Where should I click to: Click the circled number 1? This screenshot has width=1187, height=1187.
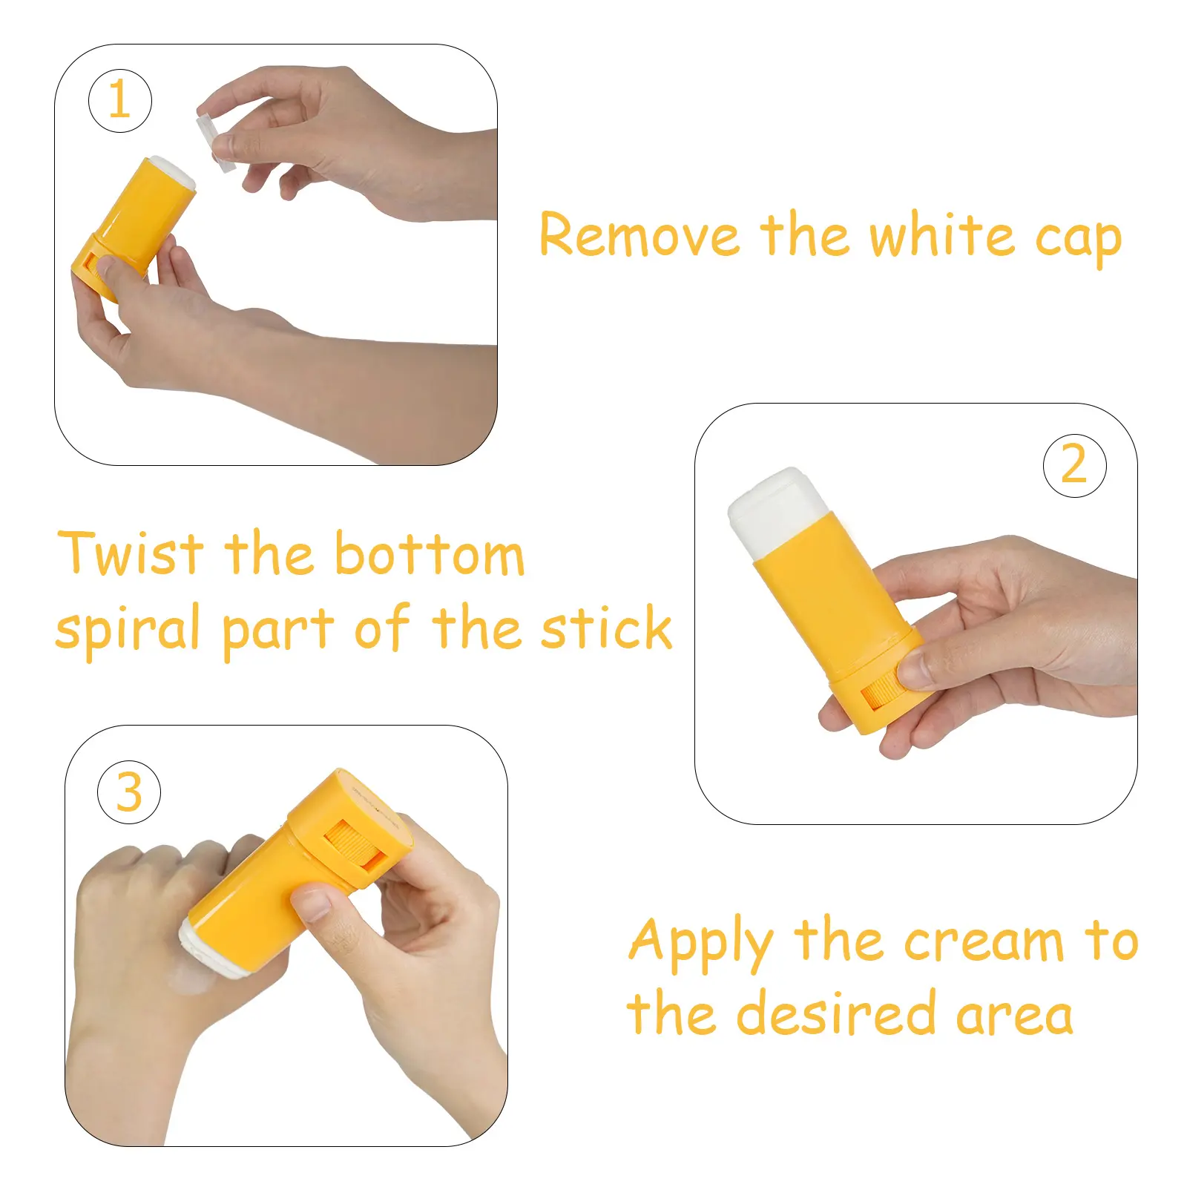click(x=120, y=101)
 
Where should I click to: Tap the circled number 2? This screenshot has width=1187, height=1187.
click(x=1074, y=465)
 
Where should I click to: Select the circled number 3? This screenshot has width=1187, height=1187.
click(x=129, y=792)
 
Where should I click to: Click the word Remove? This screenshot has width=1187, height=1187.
click(x=639, y=235)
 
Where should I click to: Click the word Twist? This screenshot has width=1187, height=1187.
click(x=131, y=553)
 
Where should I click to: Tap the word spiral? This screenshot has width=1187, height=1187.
click(x=128, y=630)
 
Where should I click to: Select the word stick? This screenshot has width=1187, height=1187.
click(x=606, y=628)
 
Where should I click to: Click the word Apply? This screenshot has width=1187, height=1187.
click(x=701, y=944)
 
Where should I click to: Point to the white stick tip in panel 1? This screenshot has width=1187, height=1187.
click(x=173, y=172)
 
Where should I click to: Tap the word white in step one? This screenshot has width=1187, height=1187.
click(x=941, y=235)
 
